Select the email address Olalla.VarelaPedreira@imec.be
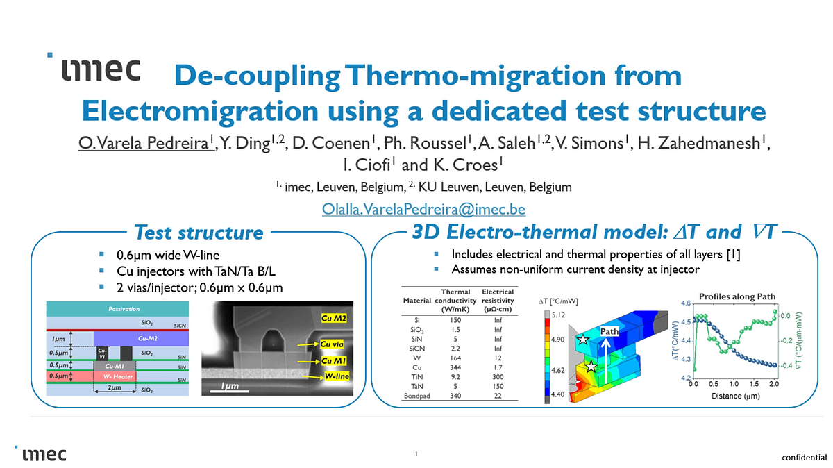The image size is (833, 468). [423, 208]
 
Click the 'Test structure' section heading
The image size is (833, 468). [199, 232]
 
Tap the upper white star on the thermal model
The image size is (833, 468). [583, 340]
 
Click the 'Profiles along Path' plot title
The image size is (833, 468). [737, 296]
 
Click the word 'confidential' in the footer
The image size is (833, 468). [804, 458]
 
